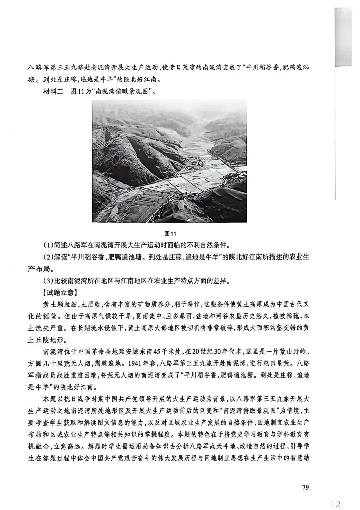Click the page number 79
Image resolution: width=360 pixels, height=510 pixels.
click(305, 487)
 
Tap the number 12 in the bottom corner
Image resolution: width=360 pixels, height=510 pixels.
click(333, 503)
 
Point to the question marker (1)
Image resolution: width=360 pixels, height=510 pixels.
click(49, 245)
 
